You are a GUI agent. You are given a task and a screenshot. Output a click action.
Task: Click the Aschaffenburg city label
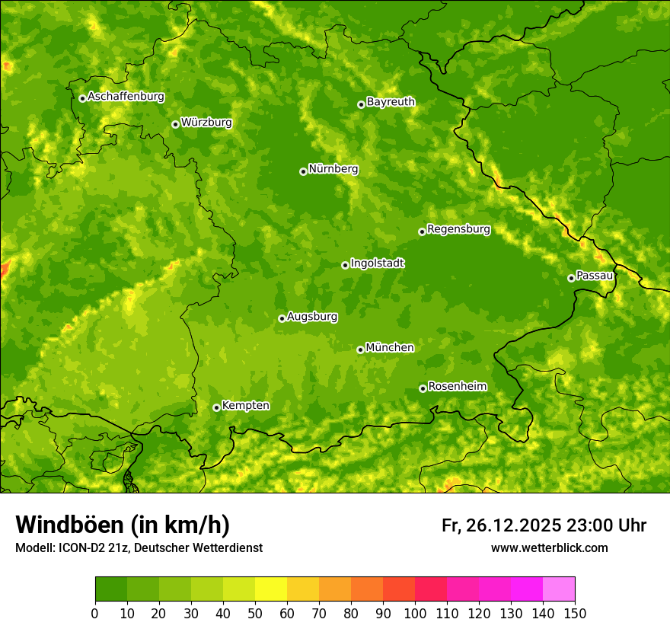(126, 97)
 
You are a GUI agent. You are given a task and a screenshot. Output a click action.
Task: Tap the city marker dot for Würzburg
(175, 124)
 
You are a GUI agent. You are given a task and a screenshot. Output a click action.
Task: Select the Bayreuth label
(391, 101)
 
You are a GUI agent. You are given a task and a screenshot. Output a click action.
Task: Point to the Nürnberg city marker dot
(303, 171)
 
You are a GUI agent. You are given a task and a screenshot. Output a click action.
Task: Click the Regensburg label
(458, 228)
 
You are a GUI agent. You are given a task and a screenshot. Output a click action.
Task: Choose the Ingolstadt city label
(377, 263)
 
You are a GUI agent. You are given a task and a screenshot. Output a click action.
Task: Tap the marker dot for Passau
(571, 278)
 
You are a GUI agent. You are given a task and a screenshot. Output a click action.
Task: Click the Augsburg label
(312, 316)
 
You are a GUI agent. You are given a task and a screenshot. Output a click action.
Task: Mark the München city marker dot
(360, 350)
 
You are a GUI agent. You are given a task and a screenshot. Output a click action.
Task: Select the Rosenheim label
(457, 386)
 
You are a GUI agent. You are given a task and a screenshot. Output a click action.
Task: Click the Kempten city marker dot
(216, 407)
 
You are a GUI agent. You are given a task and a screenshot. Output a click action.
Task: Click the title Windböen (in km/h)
(122, 525)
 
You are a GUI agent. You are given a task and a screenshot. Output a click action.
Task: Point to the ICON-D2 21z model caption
(139, 547)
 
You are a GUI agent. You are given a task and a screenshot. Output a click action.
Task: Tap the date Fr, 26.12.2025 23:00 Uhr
(544, 525)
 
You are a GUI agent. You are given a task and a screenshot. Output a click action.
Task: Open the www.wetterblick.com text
(549, 547)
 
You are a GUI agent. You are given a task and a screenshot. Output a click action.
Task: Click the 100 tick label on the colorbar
(415, 613)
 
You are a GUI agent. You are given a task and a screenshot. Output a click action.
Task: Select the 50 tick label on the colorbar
(255, 613)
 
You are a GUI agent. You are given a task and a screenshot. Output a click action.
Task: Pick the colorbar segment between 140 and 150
(559, 589)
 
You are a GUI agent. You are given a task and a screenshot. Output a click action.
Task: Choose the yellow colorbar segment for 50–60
(271, 589)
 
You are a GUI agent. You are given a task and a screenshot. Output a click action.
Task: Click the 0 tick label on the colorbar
(95, 613)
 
